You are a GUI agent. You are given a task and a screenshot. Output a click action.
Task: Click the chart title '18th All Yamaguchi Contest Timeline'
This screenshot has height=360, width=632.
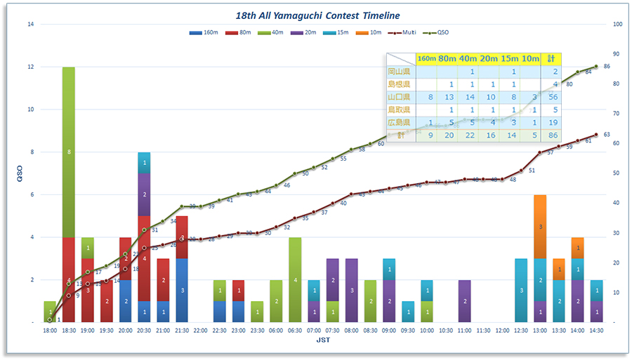coord(319,15)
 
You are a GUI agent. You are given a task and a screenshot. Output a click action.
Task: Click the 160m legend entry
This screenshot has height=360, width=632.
coord(205,32)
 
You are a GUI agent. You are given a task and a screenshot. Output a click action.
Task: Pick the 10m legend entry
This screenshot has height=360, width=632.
coord(369,32)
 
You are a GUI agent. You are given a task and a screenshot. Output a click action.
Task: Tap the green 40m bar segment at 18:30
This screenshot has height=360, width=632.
coord(68,152)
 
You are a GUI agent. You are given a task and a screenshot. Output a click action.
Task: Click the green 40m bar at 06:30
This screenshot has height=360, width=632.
coord(295,279)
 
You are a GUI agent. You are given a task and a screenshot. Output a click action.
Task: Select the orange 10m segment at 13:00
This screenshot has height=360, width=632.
coord(540,227)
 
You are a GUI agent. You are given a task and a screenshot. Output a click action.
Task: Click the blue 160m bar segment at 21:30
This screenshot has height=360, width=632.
coord(182,290)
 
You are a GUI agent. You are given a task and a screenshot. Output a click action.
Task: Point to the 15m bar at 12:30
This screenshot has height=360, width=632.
coord(521,290)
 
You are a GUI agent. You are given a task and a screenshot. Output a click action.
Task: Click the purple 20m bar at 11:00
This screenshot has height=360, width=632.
coord(464,300)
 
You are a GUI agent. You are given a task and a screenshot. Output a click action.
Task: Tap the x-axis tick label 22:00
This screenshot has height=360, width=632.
coord(201,330)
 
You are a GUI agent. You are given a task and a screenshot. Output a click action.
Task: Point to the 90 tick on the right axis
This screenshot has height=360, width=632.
coord(616,54)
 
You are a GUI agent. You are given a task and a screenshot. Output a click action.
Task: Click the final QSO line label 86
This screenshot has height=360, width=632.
coord(607,67)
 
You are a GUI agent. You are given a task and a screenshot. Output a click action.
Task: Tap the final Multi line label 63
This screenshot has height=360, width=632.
coord(607,135)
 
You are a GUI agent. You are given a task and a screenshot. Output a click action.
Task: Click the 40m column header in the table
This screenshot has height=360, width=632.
coord(468,58)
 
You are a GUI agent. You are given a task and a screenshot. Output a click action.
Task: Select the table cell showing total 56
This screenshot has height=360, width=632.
coord(554,97)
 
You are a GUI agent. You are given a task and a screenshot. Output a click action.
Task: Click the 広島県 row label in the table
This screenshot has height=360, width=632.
coord(400,122)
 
